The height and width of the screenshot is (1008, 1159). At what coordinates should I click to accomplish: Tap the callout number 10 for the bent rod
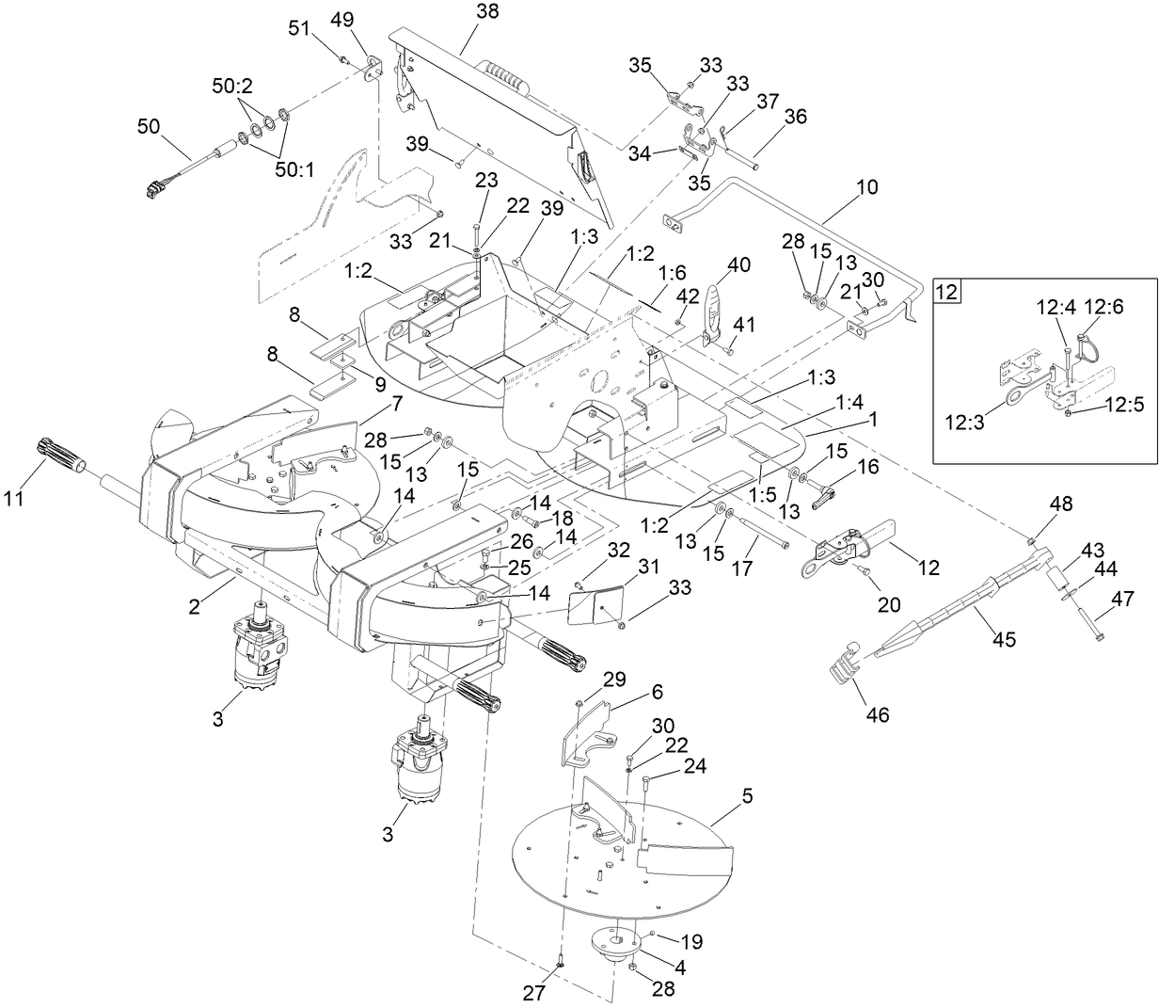pos(866,187)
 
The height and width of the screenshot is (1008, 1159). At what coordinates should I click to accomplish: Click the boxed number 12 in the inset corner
pos(946,292)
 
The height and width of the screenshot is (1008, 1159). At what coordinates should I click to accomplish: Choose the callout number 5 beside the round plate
pos(747,795)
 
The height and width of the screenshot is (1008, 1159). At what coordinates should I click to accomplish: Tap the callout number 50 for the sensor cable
pos(151,124)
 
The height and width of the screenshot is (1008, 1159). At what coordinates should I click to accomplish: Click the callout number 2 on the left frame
pos(194,609)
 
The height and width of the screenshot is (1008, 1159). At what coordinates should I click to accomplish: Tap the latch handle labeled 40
pos(719,306)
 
